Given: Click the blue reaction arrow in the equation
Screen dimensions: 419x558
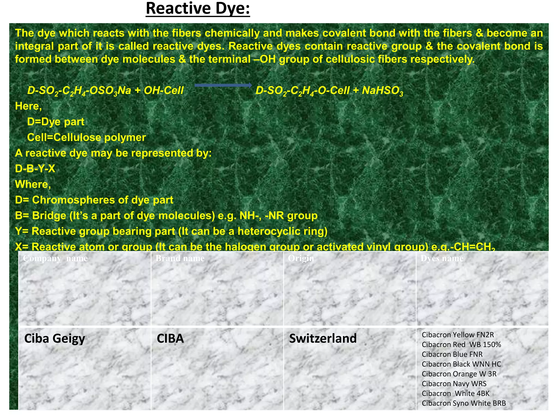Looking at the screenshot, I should click(x=223, y=85).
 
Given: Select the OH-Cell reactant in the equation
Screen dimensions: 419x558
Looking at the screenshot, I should click(x=164, y=91).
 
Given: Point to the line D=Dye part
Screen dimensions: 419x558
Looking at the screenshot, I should click(x=56, y=122).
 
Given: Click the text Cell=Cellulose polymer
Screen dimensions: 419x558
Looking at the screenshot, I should click(x=87, y=137).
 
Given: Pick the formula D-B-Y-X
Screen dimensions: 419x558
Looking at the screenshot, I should click(x=35, y=169).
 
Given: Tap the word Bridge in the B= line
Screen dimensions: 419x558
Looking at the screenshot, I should click(x=49, y=216).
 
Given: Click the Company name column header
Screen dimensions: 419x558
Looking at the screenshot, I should click(x=55, y=258).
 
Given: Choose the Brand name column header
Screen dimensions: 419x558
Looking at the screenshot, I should click(x=180, y=258).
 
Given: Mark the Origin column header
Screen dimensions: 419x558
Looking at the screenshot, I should click(x=301, y=258).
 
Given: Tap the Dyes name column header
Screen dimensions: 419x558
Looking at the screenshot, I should click(x=442, y=258).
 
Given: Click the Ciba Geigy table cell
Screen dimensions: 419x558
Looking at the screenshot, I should click(x=54, y=339).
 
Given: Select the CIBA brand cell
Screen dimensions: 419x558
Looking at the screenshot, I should click(x=170, y=339).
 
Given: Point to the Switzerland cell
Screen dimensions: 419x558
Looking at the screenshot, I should click(x=323, y=339).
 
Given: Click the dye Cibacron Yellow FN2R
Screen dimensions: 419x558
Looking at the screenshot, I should click(x=458, y=335).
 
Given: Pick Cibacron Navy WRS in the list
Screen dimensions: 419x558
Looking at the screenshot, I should click(x=454, y=384).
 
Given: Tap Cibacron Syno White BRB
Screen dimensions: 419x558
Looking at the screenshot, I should click(x=464, y=403).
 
